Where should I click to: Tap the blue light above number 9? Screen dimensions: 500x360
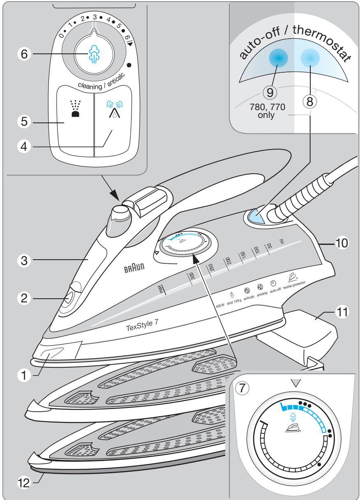click(277, 59)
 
